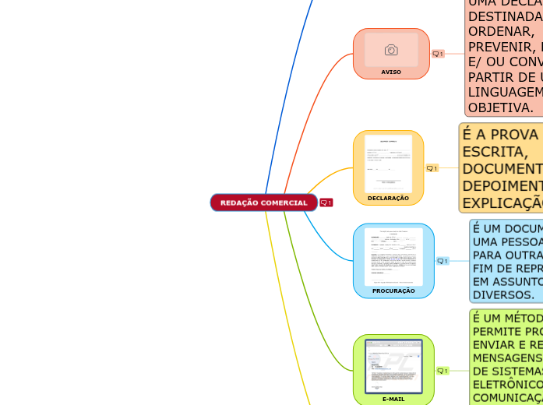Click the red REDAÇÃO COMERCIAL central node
coord(263,202)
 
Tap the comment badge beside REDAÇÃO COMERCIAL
coord(326,202)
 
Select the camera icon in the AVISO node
coord(391,51)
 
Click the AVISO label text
coord(391,72)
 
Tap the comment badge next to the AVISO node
coord(438,54)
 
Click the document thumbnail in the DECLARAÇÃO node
coord(389,163)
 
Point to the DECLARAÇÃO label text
coord(388,198)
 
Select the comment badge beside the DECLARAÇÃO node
coord(432,167)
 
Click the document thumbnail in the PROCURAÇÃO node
coord(393,256)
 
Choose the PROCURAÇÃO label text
coord(393,291)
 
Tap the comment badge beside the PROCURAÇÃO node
coord(443,261)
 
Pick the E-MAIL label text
coord(393,399)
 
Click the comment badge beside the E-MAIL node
coord(443,371)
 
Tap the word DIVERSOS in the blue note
coord(503,294)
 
